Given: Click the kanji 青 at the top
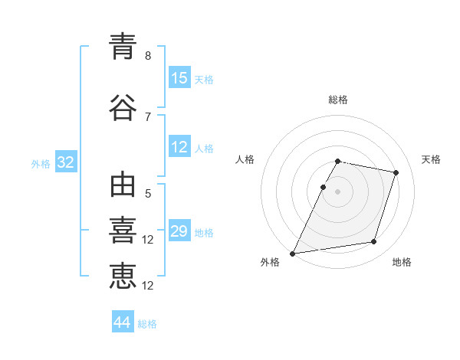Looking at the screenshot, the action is pyautogui.click(x=123, y=46).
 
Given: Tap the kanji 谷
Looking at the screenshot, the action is pyautogui.click(x=123, y=107).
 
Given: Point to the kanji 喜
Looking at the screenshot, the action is pyautogui.click(x=123, y=230).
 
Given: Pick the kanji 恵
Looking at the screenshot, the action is pyautogui.click(x=123, y=277).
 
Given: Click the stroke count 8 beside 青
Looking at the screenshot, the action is pyautogui.click(x=148, y=56).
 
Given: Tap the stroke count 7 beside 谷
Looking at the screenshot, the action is pyautogui.click(x=148, y=117).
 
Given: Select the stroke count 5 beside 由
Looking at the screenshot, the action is pyautogui.click(x=148, y=194).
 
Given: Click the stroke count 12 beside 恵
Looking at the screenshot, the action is pyautogui.click(x=147, y=286).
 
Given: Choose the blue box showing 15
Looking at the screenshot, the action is pyautogui.click(x=180, y=77).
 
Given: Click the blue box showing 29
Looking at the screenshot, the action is pyautogui.click(x=180, y=230).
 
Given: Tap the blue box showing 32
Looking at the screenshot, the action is pyautogui.click(x=66, y=162).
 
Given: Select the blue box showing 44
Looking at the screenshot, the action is pyautogui.click(x=123, y=321).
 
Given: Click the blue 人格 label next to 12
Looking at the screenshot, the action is pyautogui.click(x=204, y=149).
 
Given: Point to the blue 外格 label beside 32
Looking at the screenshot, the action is pyautogui.click(x=41, y=164).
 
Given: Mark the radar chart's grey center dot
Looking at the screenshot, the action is pyautogui.click(x=337, y=191).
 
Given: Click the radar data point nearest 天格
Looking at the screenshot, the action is pyautogui.click(x=396, y=172).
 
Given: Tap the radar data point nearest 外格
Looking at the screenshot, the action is pyautogui.click(x=293, y=254).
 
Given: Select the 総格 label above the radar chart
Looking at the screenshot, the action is pyautogui.click(x=338, y=100).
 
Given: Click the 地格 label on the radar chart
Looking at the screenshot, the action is pyautogui.click(x=402, y=262).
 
